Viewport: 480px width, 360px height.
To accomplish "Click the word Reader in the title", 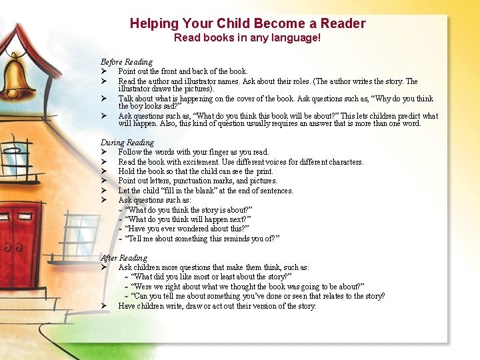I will [x=343, y=23].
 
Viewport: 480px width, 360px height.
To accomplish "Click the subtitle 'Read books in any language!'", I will [x=247, y=38].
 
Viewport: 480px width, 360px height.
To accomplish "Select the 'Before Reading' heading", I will [x=127, y=62].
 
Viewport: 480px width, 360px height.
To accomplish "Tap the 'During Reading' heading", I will [x=127, y=143].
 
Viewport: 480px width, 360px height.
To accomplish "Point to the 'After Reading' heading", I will [x=124, y=258].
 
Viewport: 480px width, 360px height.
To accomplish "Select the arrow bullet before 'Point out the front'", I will [x=105, y=71].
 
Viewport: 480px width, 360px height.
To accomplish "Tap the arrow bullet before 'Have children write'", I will [x=105, y=306].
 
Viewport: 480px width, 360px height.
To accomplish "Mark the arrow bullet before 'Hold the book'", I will [x=105, y=171].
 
